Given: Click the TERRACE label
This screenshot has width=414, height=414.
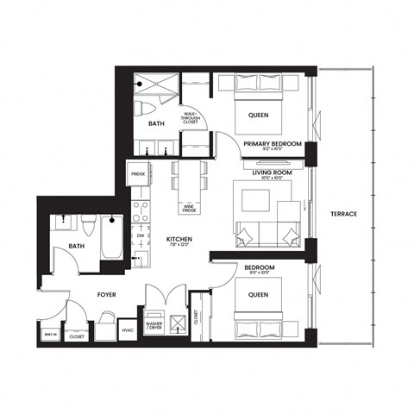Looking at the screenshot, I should coord(343,213).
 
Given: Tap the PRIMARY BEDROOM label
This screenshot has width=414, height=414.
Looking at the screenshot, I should coord(272,144).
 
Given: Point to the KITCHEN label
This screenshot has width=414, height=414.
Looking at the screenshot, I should coord(179,239).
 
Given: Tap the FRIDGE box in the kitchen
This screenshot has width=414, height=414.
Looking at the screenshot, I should coord(138,174).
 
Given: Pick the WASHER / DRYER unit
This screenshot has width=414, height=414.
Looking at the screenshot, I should coord(156,326).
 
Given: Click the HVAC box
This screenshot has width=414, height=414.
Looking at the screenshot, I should coord(127,329).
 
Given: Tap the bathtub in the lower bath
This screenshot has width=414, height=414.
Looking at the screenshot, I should coord(112,237).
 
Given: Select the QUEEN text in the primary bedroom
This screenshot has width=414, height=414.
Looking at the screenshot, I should coord(257,115).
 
